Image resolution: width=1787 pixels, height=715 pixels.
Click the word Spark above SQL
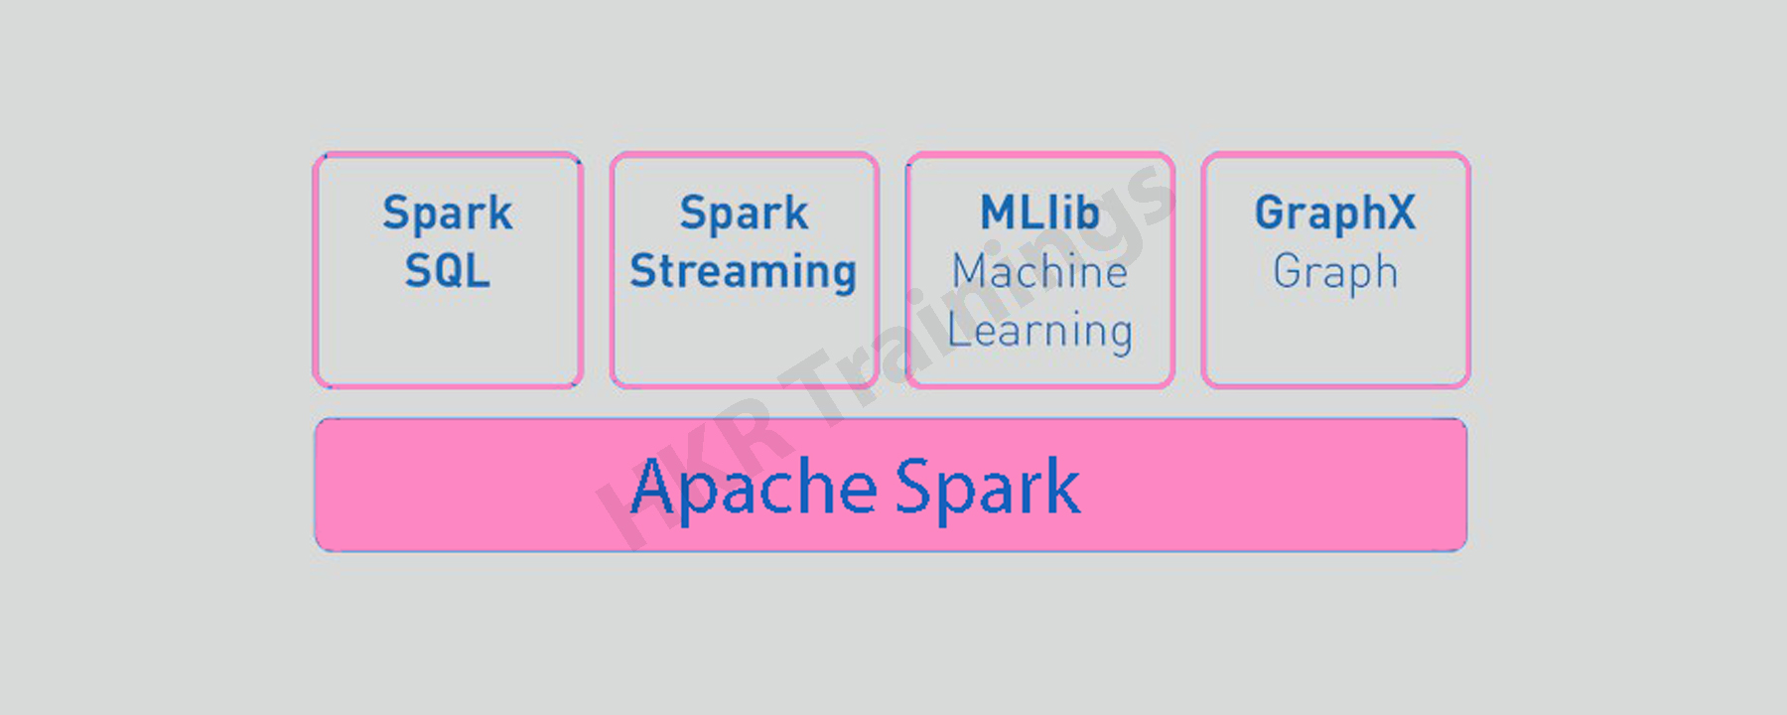click(448, 214)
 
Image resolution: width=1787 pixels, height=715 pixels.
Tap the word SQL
click(448, 270)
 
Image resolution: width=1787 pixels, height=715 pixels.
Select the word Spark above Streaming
click(744, 214)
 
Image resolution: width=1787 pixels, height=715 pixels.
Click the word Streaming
click(744, 272)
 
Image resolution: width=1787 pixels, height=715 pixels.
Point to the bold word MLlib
click(1039, 213)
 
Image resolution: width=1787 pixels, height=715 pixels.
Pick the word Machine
click(1039, 271)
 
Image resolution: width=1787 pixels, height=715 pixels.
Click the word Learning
click(1039, 332)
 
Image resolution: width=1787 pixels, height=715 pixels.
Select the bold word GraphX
click(1335, 214)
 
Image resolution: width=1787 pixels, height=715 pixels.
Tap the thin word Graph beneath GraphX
click(1335, 273)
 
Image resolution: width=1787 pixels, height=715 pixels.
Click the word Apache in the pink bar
click(755, 488)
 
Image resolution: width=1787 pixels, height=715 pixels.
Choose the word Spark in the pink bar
click(988, 488)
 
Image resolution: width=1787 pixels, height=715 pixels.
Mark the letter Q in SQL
click(447, 271)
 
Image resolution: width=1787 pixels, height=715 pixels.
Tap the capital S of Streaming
click(644, 271)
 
